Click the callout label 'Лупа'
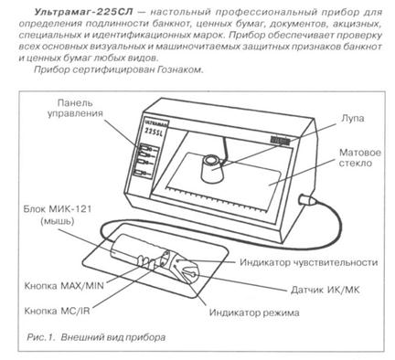352,118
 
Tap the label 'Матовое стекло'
360,157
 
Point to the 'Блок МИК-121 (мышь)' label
58,215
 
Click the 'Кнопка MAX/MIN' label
64,286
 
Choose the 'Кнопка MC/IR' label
57,311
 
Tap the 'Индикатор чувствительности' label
309,262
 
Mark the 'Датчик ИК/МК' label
326,290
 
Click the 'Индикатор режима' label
254,312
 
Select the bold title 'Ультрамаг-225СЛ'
83,13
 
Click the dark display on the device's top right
280,141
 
